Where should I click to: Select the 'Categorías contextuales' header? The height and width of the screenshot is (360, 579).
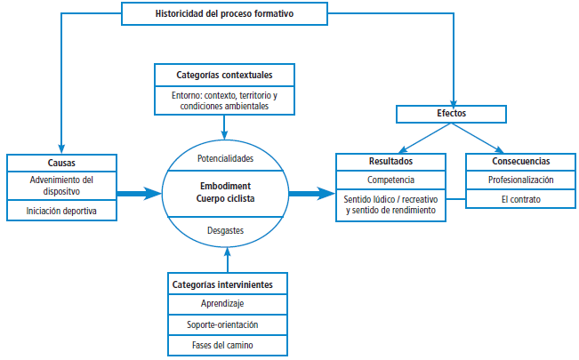click(x=224, y=74)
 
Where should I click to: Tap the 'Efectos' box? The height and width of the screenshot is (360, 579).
click(x=451, y=114)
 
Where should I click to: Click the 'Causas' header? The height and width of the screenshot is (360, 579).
click(x=61, y=162)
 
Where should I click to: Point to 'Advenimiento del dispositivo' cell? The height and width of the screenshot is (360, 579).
click(x=61, y=185)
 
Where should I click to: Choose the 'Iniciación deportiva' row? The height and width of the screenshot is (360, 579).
click(x=61, y=212)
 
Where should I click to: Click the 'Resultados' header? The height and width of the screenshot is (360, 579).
click(x=390, y=162)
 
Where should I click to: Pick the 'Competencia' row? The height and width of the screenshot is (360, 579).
click(x=390, y=180)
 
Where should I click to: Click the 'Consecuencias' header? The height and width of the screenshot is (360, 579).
click(x=520, y=162)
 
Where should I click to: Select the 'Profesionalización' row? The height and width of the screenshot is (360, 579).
click(x=520, y=180)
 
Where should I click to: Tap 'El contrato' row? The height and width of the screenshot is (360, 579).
click(x=520, y=199)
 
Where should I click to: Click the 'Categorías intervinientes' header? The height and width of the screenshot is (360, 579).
click(x=227, y=284)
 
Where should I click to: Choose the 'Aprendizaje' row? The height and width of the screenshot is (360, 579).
click(x=227, y=303)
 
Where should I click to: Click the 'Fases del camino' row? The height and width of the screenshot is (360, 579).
click(x=227, y=343)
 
